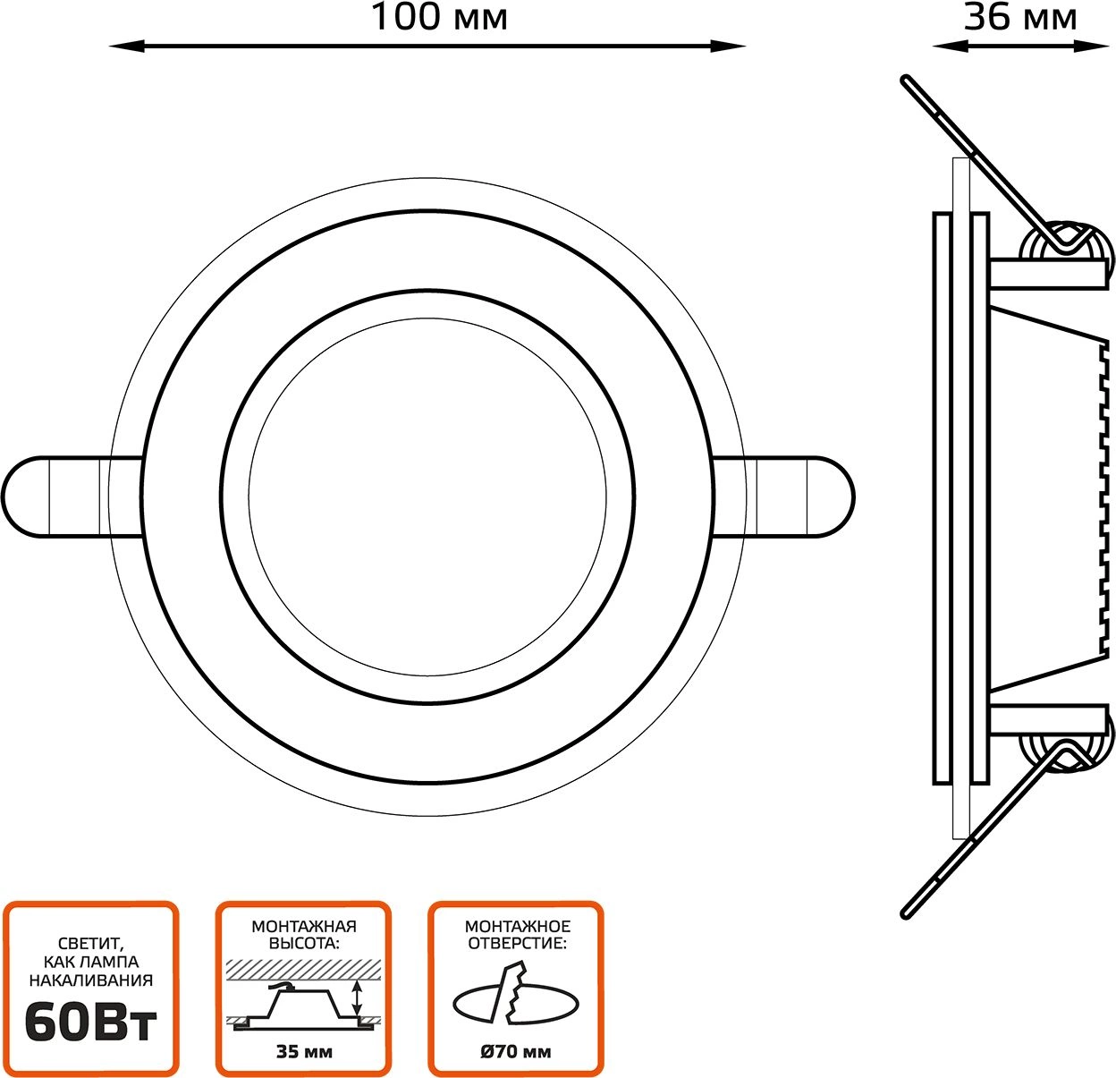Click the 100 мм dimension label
point(438,17)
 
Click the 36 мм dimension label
point(1019,17)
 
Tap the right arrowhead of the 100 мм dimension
point(731,46)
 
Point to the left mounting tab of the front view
point(54,497)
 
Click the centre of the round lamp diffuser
point(427,497)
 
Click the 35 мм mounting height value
point(304,1051)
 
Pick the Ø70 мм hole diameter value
point(516,1051)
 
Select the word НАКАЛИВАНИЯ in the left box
point(90,980)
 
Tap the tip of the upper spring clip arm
point(905,80)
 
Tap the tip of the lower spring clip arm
point(905,913)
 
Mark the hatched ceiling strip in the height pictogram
point(304,967)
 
